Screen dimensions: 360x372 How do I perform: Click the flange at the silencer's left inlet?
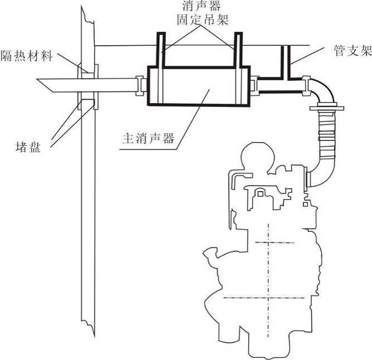coord(142,85)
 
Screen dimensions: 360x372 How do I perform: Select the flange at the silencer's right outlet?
coord(254,85)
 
